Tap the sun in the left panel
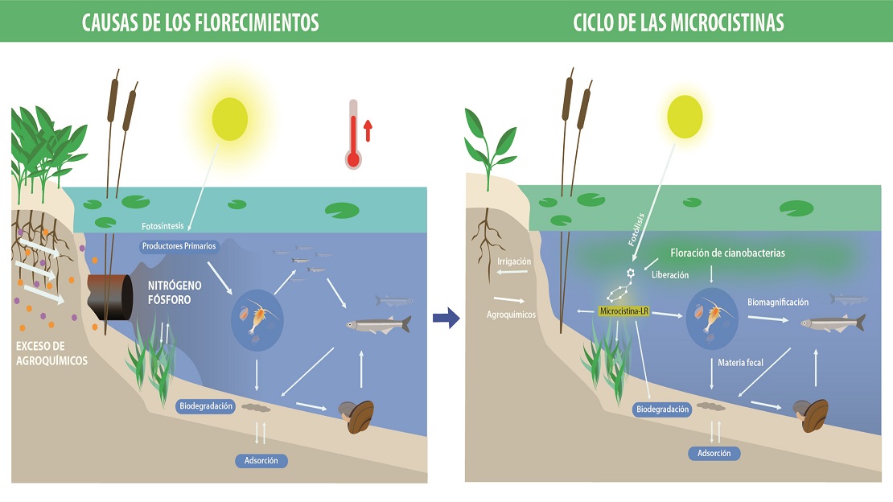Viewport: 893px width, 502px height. tap(230, 119)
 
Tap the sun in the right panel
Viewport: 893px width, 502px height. tap(685, 117)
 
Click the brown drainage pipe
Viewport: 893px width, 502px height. tap(110, 297)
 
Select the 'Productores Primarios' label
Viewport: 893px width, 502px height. tap(179, 246)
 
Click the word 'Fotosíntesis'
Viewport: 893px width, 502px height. tap(163, 226)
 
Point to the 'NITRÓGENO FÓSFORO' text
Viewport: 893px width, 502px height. tap(175, 292)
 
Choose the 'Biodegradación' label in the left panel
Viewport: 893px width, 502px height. tap(206, 406)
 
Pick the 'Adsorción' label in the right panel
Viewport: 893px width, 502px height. tap(714, 454)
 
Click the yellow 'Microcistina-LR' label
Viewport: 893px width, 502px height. tap(623, 311)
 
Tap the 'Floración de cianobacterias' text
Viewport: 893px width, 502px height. tap(727, 253)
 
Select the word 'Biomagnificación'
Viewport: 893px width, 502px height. tap(778, 302)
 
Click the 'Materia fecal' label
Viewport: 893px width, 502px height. tap(740, 362)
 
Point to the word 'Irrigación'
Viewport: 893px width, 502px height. tap(514, 261)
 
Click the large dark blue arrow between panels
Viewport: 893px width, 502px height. tap(446, 318)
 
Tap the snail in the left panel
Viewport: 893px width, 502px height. tap(357, 417)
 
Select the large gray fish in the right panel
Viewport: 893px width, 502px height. tap(833, 323)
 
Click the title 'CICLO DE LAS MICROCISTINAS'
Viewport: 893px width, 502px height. tap(678, 23)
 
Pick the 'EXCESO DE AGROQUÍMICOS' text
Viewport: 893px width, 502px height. tap(51, 353)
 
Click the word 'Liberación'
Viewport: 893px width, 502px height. tap(670, 275)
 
